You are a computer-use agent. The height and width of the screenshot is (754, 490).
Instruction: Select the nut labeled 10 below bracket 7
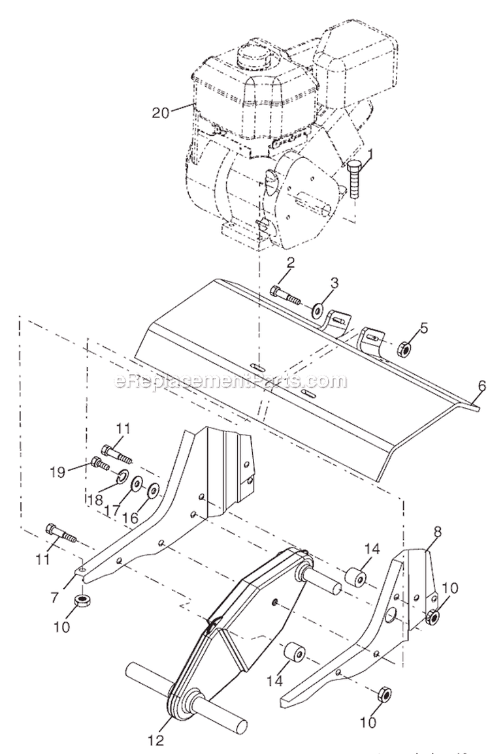(x=82, y=599)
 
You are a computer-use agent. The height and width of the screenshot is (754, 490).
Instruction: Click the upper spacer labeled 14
(x=355, y=578)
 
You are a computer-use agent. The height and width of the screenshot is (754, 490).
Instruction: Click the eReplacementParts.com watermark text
(x=222, y=381)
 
